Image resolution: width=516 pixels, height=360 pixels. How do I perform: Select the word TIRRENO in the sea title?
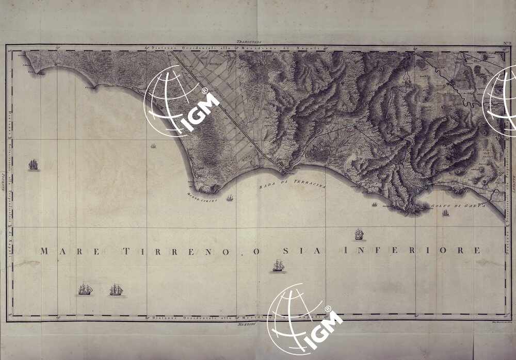[x=175, y=252]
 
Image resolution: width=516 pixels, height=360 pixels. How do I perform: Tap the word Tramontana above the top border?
[x=249, y=41]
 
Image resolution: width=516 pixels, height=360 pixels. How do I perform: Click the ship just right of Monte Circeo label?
[x=230, y=198]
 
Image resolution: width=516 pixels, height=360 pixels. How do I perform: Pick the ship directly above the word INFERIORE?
[x=359, y=235]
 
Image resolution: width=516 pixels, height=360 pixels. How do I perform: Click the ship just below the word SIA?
[x=278, y=266]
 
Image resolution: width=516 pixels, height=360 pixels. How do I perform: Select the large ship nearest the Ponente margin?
[x=34, y=165]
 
